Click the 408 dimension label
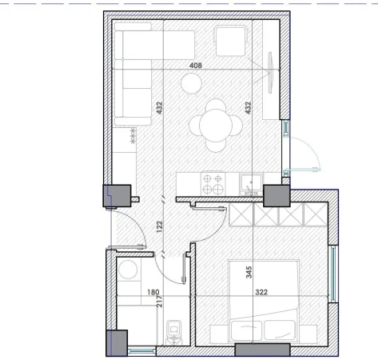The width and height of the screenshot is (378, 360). pos(194,66)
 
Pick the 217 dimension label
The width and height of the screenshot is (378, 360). pos(161,302)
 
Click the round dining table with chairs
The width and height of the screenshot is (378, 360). pos(215,125)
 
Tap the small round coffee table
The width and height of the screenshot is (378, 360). pos(191,82)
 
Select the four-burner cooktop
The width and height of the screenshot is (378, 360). pos(213,184)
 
